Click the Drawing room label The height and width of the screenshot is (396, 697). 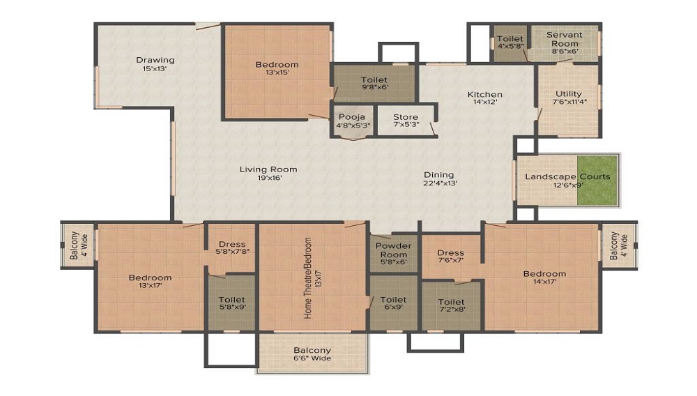(x=155, y=60)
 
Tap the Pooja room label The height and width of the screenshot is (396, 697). (x=352, y=117)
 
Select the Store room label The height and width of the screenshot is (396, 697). (x=406, y=117)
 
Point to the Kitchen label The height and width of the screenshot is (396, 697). (x=485, y=94)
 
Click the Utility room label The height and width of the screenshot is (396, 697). (x=569, y=94)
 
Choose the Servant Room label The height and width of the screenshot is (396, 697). (x=565, y=39)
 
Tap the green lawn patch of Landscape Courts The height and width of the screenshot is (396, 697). (x=597, y=180)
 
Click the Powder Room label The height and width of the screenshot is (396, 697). (x=393, y=250)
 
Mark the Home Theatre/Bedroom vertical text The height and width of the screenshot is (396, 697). (x=307, y=277)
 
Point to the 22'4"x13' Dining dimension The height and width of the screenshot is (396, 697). (x=440, y=183)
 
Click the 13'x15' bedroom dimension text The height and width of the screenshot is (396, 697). (x=277, y=72)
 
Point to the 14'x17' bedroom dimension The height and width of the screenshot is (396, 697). (x=544, y=282)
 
